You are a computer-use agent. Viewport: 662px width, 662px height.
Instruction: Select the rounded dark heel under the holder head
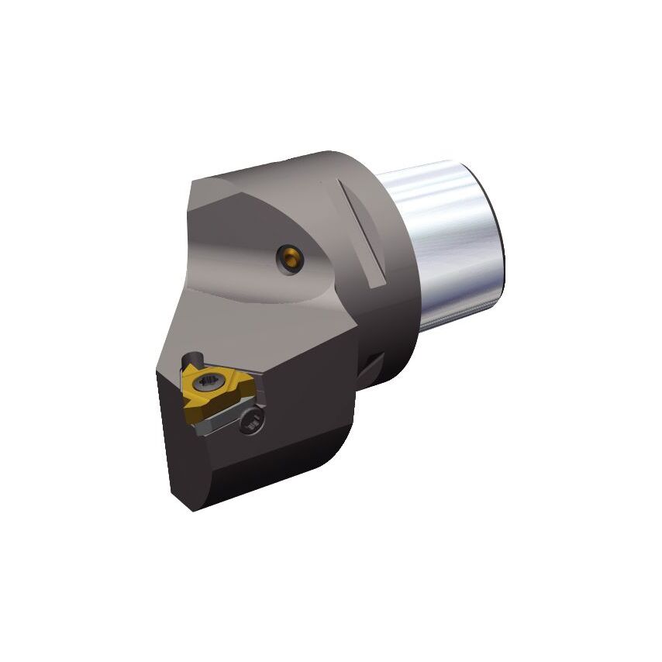tap(326, 457)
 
